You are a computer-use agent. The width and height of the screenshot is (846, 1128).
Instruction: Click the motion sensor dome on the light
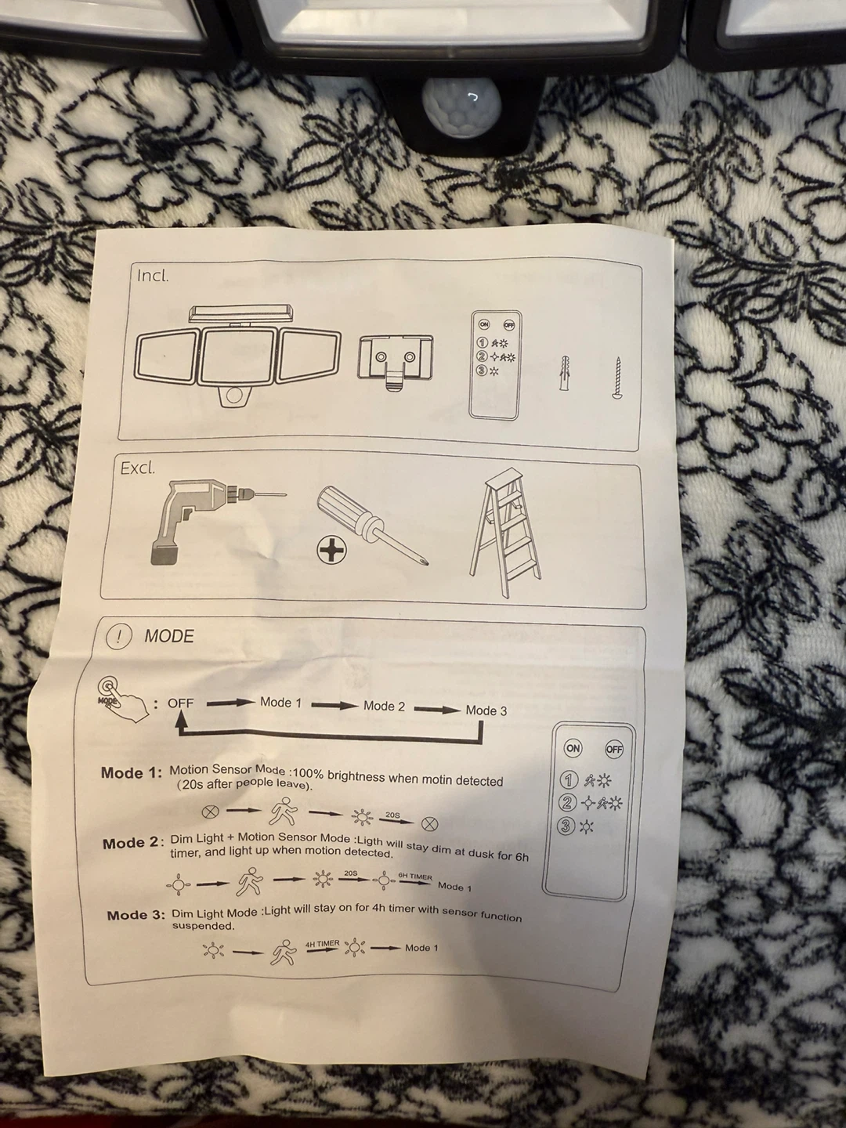[x=462, y=108]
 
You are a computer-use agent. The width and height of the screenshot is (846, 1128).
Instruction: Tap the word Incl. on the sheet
[x=153, y=276]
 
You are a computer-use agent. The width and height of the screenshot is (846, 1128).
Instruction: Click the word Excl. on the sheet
[x=137, y=468]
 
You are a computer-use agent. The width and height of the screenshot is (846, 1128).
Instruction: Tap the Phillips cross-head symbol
[x=331, y=551]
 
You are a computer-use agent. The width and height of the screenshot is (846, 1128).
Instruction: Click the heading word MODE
[x=169, y=636]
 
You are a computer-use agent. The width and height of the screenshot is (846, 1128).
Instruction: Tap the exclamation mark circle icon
[x=118, y=637]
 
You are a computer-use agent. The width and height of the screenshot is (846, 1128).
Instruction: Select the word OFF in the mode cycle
[x=181, y=703]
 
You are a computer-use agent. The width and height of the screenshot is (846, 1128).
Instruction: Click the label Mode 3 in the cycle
[x=486, y=710]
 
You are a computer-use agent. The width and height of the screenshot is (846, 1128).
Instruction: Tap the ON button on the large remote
[x=573, y=748]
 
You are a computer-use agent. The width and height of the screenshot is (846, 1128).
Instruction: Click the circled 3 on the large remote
[x=566, y=826]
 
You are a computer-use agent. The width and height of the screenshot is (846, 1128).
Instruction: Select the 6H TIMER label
[x=415, y=877]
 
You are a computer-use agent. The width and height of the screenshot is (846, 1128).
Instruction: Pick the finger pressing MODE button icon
[x=122, y=700]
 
